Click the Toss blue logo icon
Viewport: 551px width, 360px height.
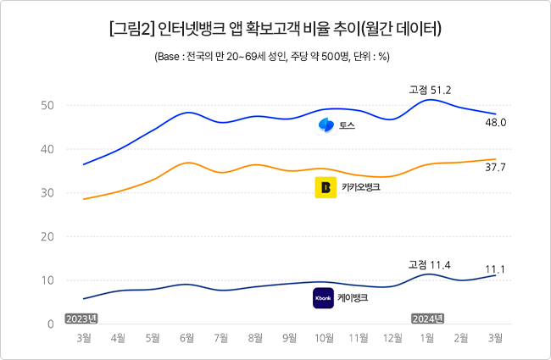[326, 125]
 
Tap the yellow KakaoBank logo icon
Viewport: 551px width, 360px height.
[326, 187]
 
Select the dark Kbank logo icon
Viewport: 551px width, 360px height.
[323, 298]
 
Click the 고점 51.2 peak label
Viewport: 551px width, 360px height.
[430, 91]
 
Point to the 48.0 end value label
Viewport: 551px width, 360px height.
[496, 123]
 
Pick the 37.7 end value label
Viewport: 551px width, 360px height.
[496, 168]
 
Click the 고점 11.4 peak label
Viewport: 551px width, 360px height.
[430, 265]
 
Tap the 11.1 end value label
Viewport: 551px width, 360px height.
[495, 269]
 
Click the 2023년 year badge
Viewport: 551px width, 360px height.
[81, 318]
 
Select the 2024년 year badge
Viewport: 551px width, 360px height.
[427, 318]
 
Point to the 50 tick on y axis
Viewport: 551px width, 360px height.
[47, 105]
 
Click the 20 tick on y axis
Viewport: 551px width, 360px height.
[47, 236]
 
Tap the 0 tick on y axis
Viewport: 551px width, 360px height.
[51, 324]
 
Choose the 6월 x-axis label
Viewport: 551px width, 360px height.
[187, 338]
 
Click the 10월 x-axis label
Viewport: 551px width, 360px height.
[324, 338]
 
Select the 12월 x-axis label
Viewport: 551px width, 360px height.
[392, 338]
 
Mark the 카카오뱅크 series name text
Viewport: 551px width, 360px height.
[361, 187]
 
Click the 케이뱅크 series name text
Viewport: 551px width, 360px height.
[353, 298]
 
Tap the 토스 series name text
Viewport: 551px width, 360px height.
[348, 125]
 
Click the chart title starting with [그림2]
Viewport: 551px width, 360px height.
[275, 29]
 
